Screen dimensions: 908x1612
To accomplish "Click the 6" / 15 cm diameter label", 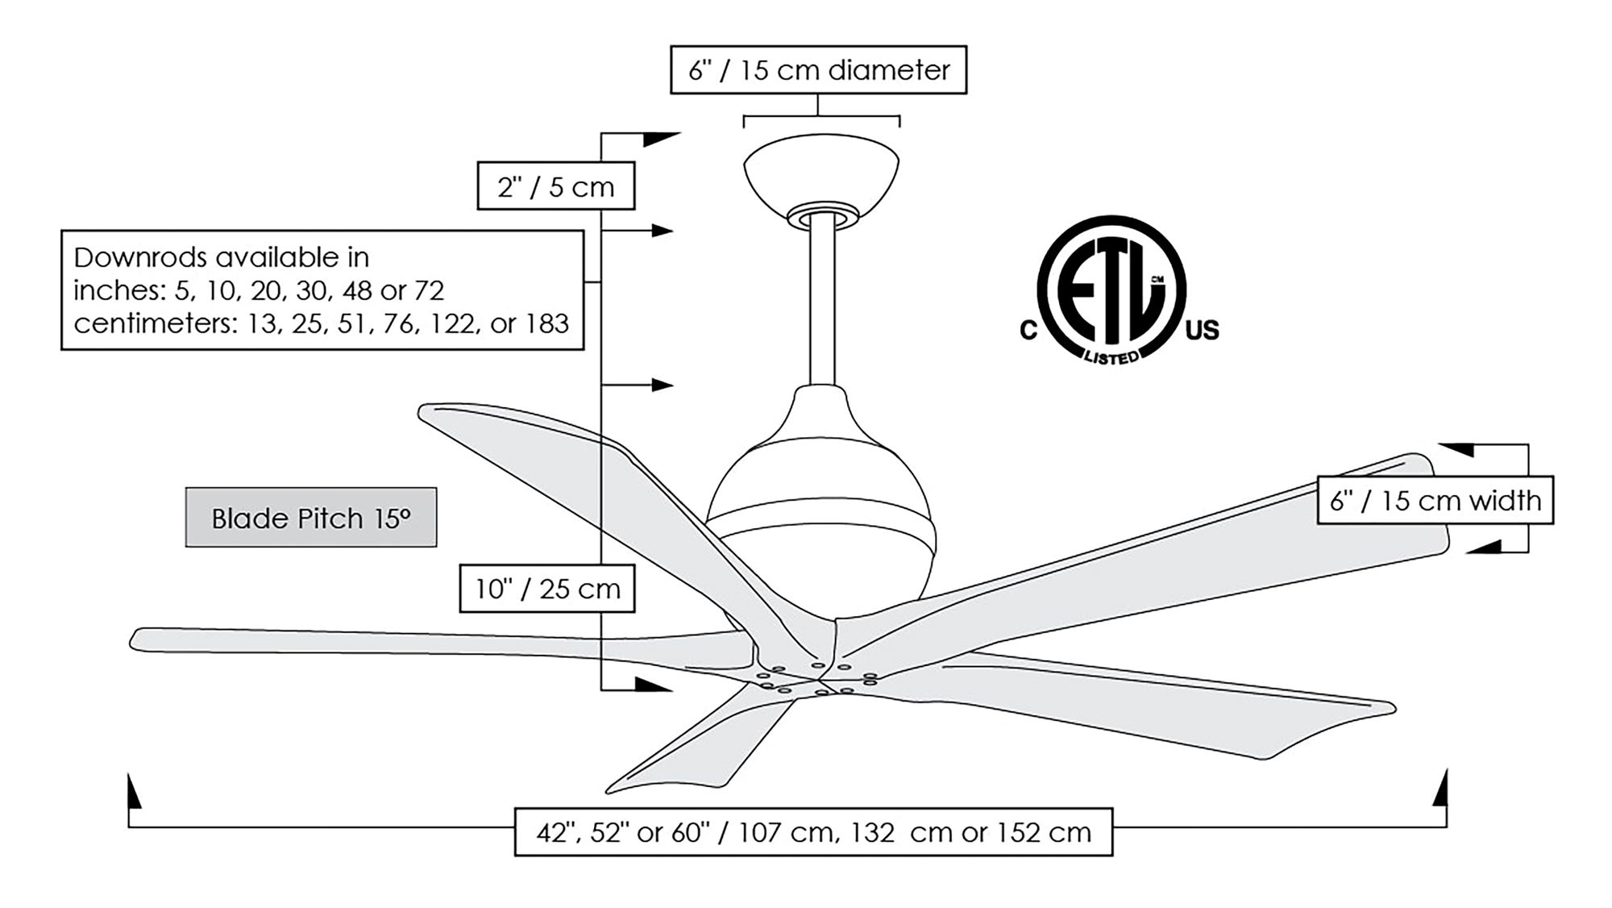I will [x=818, y=70].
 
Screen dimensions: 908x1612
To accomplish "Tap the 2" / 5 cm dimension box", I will [x=555, y=186].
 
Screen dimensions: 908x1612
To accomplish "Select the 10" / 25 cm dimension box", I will [x=546, y=589].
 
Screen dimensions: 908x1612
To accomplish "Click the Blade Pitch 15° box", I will [x=311, y=518].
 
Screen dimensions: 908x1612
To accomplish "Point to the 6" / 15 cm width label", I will [x=1435, y=501].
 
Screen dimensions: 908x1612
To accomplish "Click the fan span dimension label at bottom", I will [x=813, y=831].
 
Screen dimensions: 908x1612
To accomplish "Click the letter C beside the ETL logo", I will [x=1028, y=331].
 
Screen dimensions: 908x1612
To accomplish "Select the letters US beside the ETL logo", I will [x=1203, y=330].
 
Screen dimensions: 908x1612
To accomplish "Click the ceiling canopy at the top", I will [x=821, y=173].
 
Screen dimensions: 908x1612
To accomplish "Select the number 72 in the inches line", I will [x=429, y=290].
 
